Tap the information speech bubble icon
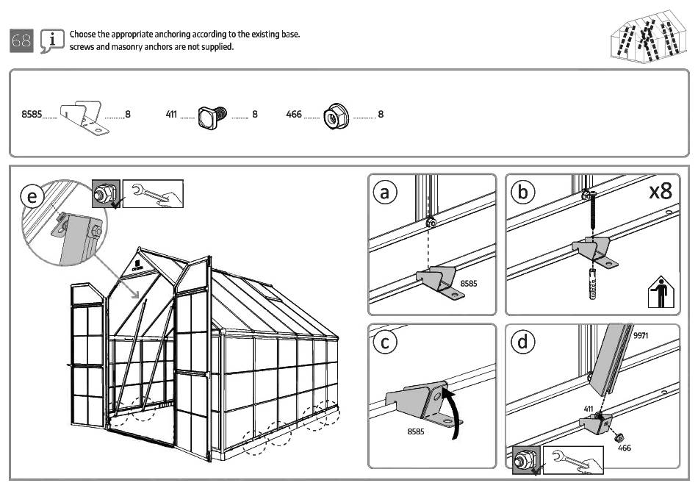pos(51,42)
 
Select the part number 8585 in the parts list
pos(32,114)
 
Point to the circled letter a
pos(385,192)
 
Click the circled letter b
pos(523,192)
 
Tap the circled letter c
pos(385,342)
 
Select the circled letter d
pos(523,342)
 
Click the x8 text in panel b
pos(661,192)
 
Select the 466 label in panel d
pos(624,447)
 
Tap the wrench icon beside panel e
pos(153,193)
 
